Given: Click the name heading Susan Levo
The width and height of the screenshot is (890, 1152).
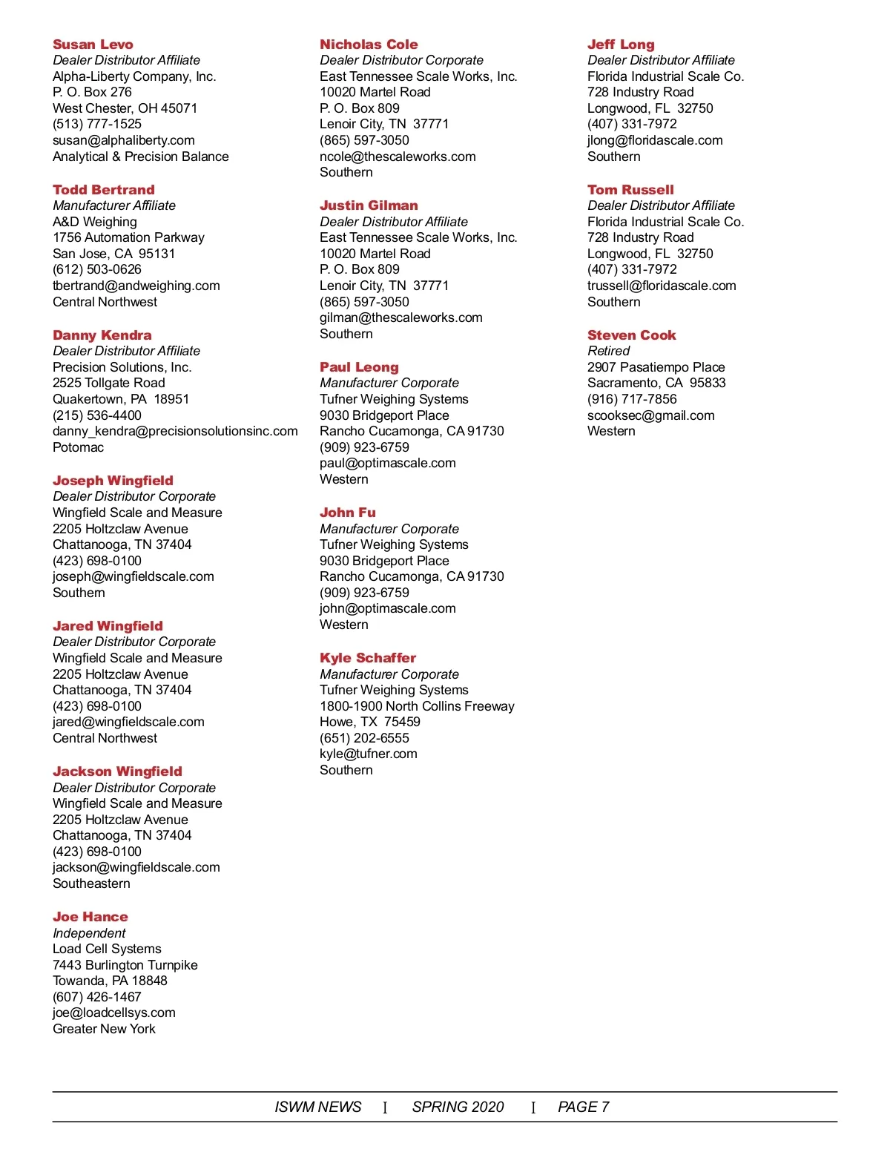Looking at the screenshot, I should point(93,45).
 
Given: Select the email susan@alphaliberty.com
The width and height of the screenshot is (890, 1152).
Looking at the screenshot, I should point(124,140).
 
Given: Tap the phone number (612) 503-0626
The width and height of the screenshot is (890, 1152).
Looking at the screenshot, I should point(97,269).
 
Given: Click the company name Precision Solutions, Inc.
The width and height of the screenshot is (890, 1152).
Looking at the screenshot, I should point(122,367).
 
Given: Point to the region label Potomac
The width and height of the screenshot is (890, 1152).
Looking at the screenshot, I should point(78,447).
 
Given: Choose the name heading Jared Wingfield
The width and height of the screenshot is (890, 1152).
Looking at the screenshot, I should point(108,626).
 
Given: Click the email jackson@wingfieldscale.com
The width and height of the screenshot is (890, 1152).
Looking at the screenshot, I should point(136,867).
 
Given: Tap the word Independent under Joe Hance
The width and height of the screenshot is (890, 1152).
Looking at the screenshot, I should point(89,933).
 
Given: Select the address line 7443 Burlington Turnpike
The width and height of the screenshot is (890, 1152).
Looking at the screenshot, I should point(125,965).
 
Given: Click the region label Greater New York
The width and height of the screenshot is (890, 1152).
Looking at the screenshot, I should point(104,1029).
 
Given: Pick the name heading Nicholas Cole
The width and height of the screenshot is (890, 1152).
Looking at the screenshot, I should point(369,45).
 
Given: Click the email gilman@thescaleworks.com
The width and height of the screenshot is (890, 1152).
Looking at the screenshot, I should point(401,317).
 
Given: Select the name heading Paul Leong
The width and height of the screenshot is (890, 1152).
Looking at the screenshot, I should point(359,367).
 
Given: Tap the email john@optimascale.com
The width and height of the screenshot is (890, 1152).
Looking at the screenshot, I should point(388,608).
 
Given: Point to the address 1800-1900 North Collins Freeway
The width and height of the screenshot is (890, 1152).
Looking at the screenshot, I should point(417,706).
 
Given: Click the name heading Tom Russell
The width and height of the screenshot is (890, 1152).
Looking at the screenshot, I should point(630,190).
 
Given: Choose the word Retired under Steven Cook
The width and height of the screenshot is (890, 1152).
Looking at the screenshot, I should point(608,351).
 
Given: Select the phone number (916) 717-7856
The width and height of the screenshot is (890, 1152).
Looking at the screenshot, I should point(632,399).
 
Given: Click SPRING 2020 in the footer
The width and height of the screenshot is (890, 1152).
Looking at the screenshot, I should point(458,1107).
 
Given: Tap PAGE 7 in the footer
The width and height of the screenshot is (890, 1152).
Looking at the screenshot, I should point(584,1107).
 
